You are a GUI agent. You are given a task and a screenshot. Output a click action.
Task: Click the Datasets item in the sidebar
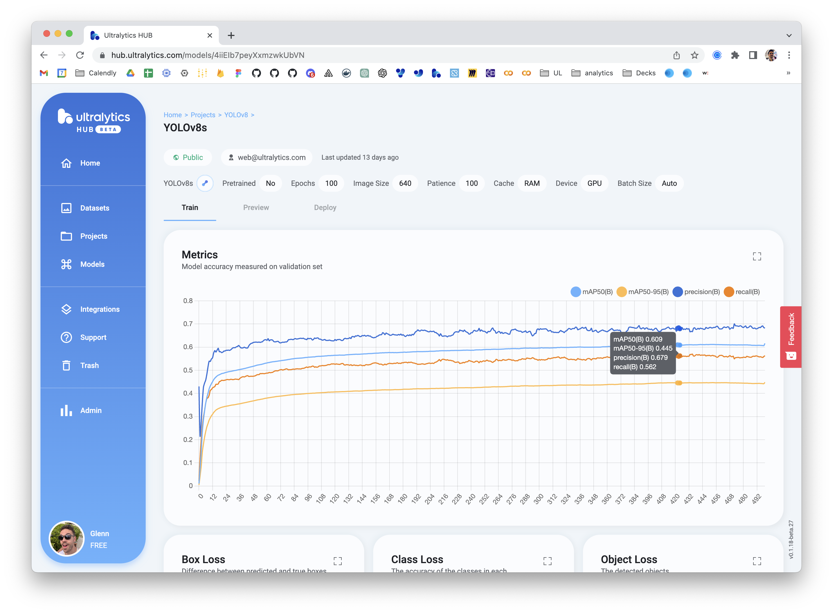(94, 208)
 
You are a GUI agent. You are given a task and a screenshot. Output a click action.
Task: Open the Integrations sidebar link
(100, 309)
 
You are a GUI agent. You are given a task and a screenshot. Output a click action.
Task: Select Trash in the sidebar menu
(89, 365)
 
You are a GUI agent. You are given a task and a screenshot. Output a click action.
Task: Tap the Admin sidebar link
(91, 410)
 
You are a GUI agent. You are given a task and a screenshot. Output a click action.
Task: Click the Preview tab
(256, 207)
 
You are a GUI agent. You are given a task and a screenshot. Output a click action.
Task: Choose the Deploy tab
(325, 207)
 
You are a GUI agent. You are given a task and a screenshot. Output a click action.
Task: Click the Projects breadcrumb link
(203, 115)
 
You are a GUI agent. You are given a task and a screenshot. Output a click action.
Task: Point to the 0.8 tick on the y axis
(188, 301)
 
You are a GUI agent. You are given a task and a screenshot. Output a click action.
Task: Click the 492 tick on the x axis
(757, 499)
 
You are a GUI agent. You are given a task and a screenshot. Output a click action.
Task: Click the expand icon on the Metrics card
(757, 256)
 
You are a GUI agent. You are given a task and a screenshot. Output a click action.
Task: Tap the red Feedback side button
(791, 336)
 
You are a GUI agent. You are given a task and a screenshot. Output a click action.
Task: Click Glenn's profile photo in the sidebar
(67, 539)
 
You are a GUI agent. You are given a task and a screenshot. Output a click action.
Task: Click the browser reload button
(80, 55)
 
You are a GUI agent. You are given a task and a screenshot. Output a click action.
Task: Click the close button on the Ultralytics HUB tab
(210, 35)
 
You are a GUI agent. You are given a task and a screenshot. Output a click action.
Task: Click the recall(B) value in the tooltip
(634, 367)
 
